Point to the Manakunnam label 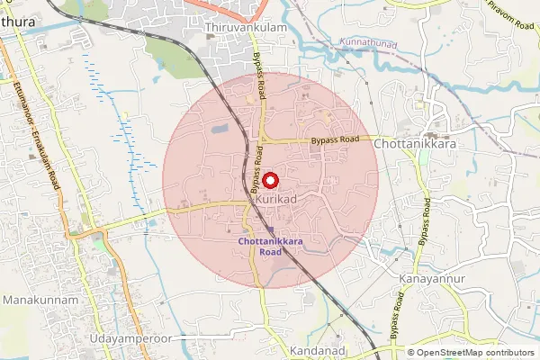[x=40, y=299]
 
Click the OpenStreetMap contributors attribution [x=475, y=353]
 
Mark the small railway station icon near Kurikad [x=269, y=230]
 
